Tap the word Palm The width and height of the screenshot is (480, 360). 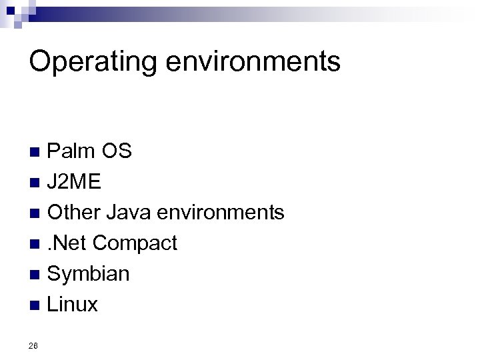coord(71,151)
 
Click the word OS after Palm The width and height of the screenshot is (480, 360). coord(117,151)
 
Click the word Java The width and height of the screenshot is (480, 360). coord(130,213)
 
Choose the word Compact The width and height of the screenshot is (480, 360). coord(135,244)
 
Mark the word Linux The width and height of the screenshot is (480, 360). coord(73,305)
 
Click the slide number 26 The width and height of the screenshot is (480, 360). coord(34,345)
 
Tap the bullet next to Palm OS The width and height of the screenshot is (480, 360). coord(38,153)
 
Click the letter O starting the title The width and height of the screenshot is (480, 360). coord(41,62)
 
